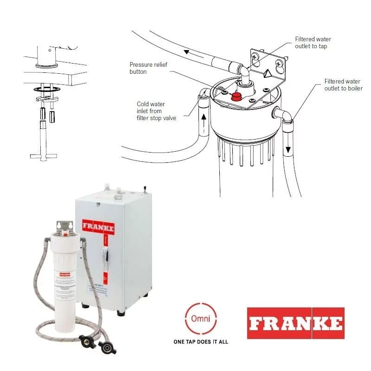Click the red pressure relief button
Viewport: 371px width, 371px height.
[x=237, y=96]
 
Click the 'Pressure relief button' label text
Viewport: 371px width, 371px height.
[x=144, y=68]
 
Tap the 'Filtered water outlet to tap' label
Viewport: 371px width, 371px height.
[x=313, y=43]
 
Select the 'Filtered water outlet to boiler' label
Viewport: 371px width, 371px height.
[x=343, y=84]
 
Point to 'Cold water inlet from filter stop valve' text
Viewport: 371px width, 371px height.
[x=156, y=111]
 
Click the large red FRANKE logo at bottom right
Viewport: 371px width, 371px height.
[x=295, y=323]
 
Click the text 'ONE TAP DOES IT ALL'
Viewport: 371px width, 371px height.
[x=200, y=342]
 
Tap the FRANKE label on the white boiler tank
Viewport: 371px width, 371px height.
[x=98, y=227]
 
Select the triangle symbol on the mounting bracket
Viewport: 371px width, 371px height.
[x=268, y=72]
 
